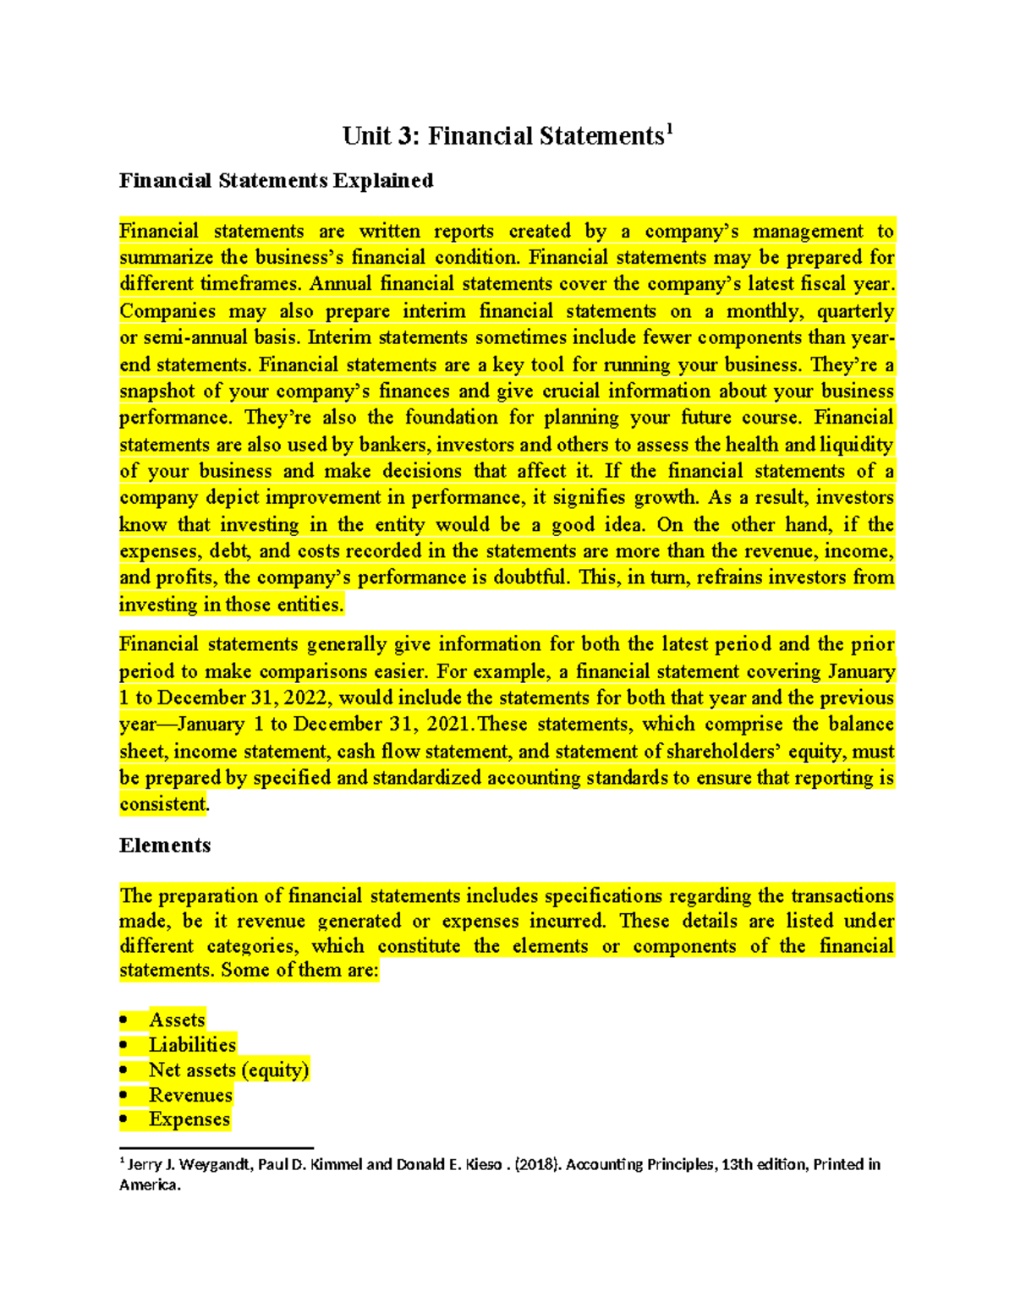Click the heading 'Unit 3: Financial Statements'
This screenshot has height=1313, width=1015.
[502, 136]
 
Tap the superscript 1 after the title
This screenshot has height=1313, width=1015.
[669, 129]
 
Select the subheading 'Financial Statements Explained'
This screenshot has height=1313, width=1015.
[276, 180]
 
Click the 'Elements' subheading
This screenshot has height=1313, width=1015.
[165, 845]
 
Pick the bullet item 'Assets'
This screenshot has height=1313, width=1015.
[177, 1020]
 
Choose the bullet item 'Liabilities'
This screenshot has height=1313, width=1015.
[192, 1045]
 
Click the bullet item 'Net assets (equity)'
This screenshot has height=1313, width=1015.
[228, 1070]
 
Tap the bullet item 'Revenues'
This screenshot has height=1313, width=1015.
[190, 1096]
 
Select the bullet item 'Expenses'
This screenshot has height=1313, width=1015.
[189, 1119]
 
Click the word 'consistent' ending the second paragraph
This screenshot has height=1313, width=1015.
[163, 804]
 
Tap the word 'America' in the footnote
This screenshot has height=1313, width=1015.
[148, 1185]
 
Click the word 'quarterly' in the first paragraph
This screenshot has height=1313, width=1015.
[855, 311]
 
